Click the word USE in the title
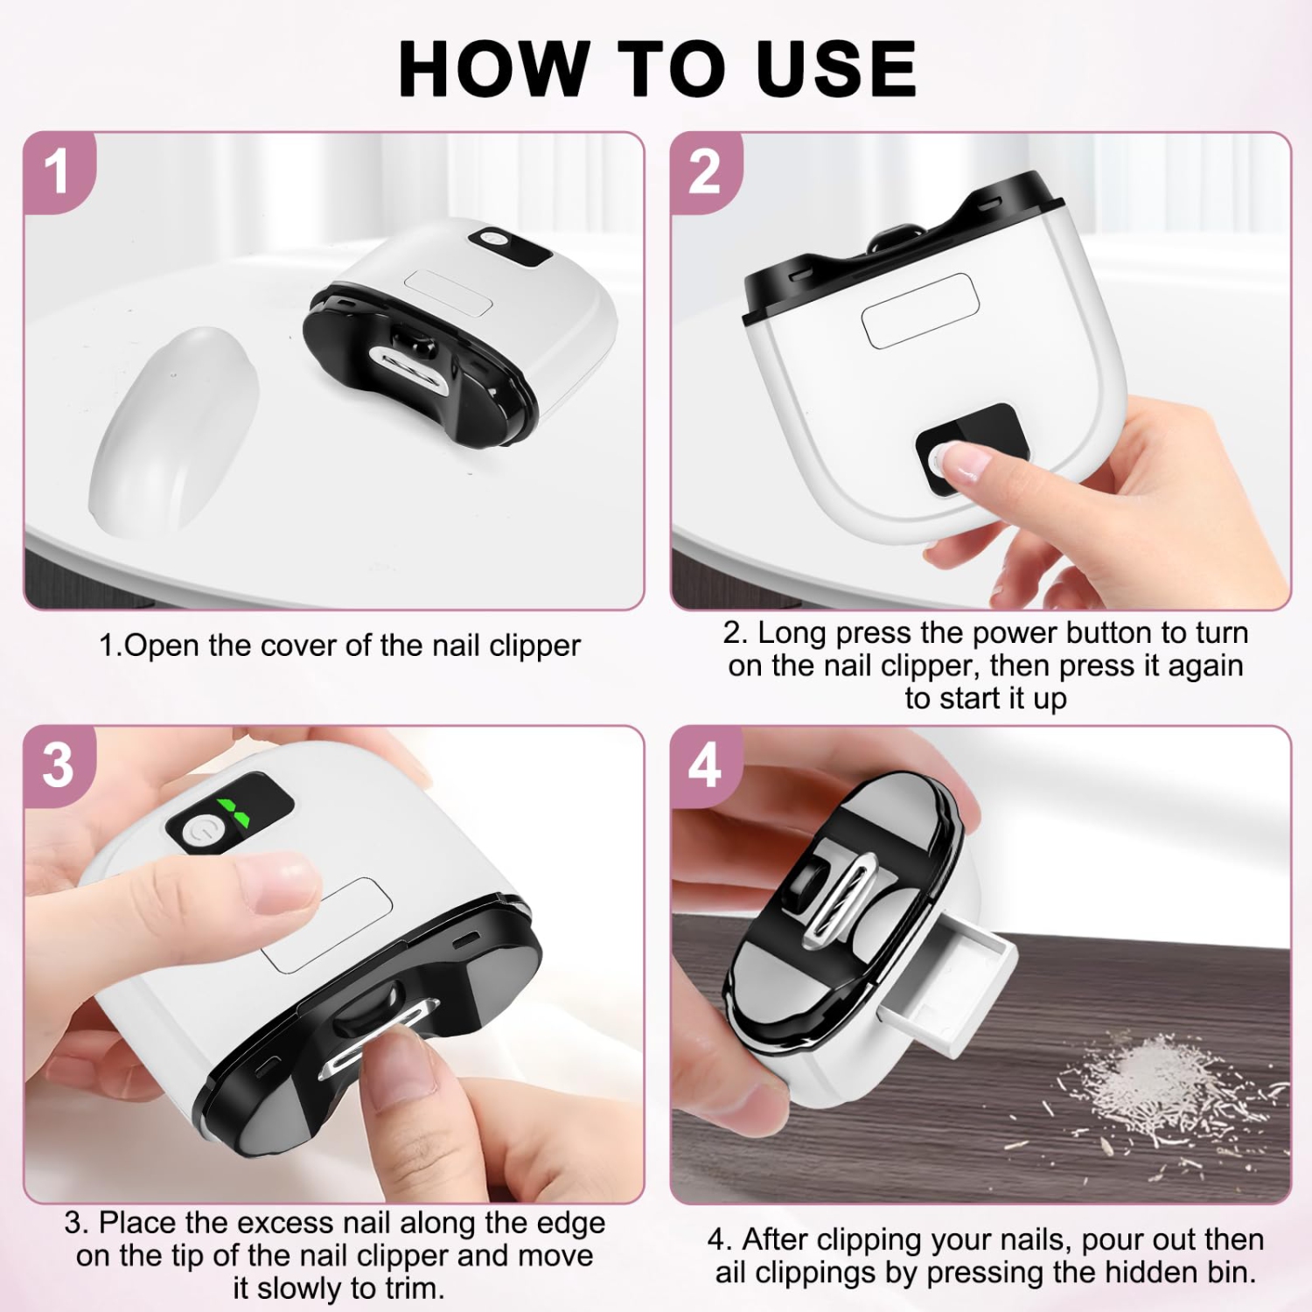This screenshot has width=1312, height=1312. pyautogui.click(x=837, y=69)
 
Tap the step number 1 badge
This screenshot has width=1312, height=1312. pyautogui.click(x=57, y=171)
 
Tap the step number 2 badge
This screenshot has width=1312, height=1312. pyautogui.click(x=704, y=171)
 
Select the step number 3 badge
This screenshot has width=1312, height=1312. pyautogui.click(x=58, y=764)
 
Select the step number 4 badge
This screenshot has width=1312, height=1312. pyautogui.click(x=705, y=764)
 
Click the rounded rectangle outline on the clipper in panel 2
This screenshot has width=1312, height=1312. pyautogui.click(x=918, y=311)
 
